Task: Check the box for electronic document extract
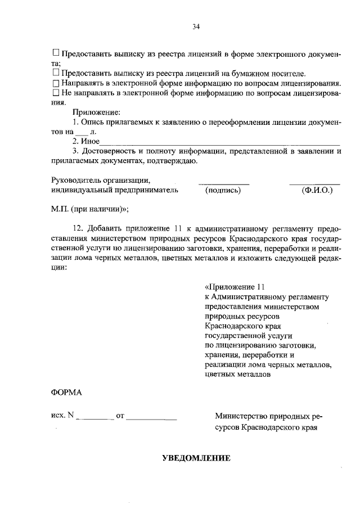coord(56,55)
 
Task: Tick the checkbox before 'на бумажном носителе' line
coord(56,73)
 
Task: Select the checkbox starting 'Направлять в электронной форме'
coord(56,83)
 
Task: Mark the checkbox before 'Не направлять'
coord(56,92)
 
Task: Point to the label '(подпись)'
coord(223,190)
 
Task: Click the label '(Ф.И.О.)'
coord(317,190)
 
